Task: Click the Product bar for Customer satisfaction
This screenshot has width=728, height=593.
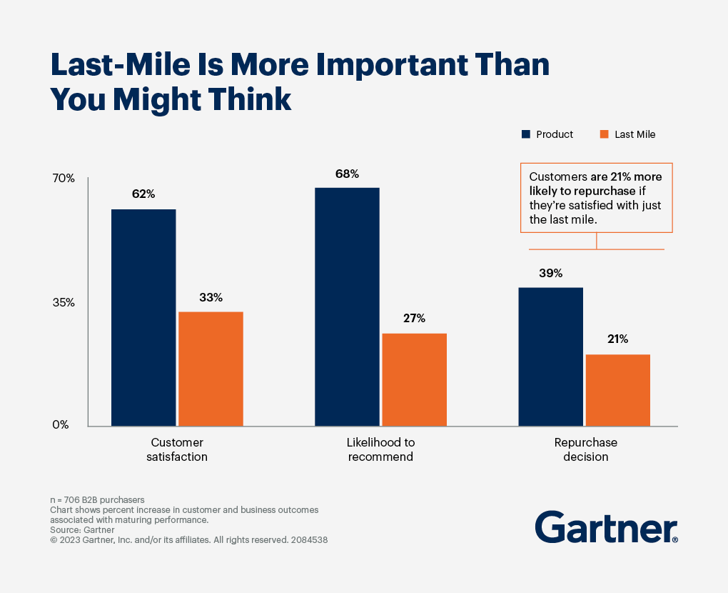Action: click(x=143, y=317)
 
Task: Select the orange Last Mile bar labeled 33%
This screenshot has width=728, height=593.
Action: click(x=211, y=369)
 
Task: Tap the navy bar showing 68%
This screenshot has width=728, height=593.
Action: click(x=347, y=307)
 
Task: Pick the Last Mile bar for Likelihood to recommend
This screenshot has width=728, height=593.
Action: click(x=414, y=379)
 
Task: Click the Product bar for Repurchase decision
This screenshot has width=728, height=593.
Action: click(x=550, y=357)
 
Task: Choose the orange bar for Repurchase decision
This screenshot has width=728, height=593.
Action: click(x=617, y=390)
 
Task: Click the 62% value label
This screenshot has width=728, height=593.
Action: click(x=143, y=194)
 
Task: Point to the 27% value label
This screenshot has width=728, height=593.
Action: click(x=414, y=318)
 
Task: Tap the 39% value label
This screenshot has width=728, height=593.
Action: click(x=550, y=273)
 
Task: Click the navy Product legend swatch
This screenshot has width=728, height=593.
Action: click(x=527, y=134)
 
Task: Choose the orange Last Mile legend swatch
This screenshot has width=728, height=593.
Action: click(x=604, y=134)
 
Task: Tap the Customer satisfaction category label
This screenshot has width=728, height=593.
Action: click(x=177, y=449)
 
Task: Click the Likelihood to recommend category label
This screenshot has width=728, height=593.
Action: click(x=380, y=449)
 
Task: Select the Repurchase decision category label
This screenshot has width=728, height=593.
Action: click(x=585, y=449)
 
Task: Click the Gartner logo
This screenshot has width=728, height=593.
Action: click(x=606, y=527)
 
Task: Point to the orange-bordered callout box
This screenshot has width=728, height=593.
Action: click(x=596, y=197)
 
